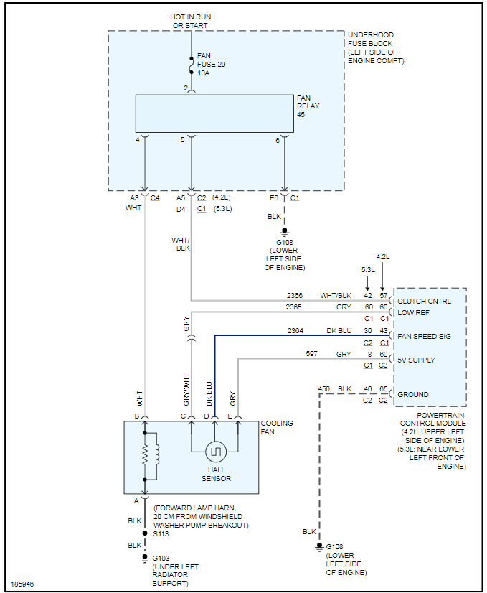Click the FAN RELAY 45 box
pyautogui.click(x=214, y=113)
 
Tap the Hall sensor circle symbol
pyautogui.click(x=216, y=452)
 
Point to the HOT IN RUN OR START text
pyautogui.click(x=190, y=22)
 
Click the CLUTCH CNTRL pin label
pyautogui.click(x=424, y=302)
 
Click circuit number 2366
pyautogui.click(x=295, y=295)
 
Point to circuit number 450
pyautogui.click(x=324, y=388)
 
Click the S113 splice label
pyautogui.click(x=161, y=534)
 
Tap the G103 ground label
pyautogui.click(x=161, y=558)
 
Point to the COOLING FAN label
pyautogui.click(x=277, y=428)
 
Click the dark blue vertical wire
pyautogui.click(x=214, y=373)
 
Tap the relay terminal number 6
pyautogui.click(x=278, y=140)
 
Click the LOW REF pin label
pyautogui.click(x=414, y=313)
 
